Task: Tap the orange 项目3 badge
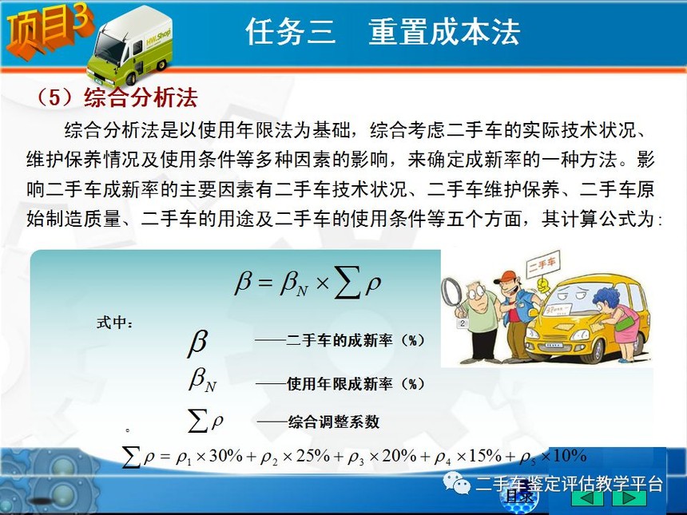[49, 30]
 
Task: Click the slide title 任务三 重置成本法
[382, 31]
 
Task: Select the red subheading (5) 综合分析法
[117, 97]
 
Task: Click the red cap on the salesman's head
[506, 277]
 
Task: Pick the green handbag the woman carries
[625, 323]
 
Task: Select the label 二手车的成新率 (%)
[355, 340]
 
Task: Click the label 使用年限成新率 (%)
[355, 384]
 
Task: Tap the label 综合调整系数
[333, 422]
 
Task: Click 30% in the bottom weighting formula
[225, 456]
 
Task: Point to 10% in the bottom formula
[570, 456]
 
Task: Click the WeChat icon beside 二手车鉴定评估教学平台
[457, 482]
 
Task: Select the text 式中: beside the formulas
[114, 323]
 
